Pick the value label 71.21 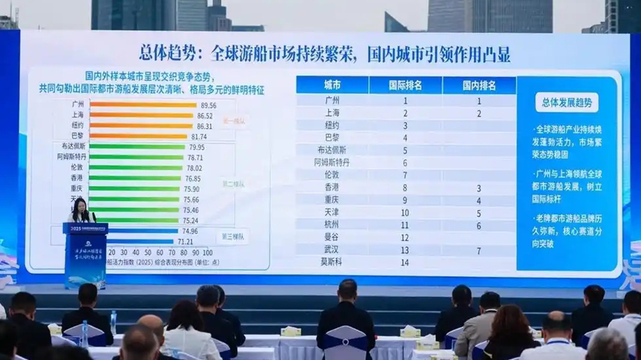[187, 241]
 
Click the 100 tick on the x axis [206, 252]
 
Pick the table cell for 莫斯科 [333, 262]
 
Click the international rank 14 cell [405, 262]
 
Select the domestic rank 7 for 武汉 [478, 250]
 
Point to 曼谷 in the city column [333, 238]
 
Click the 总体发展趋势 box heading [567, 102]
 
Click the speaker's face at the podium [83, 206]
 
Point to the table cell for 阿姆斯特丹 [333, 163]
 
